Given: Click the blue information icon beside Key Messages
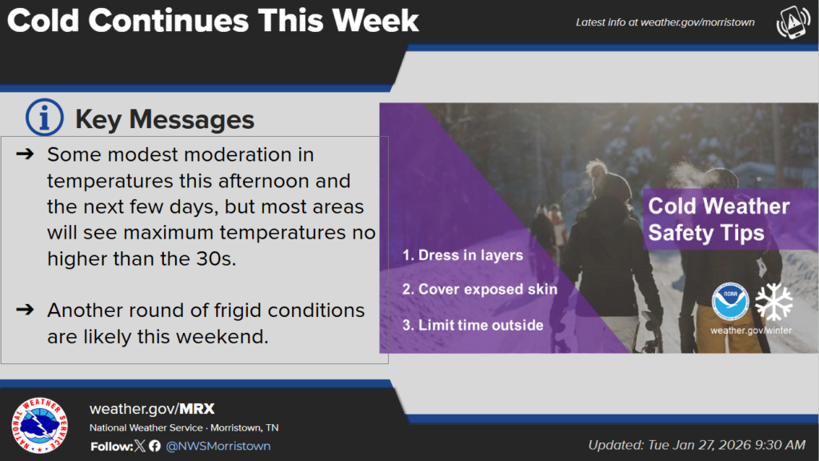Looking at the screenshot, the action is (x=45, y=117).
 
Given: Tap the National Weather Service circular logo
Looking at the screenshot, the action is (x=40, y=425).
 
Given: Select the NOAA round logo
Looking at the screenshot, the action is (x=730, y=302).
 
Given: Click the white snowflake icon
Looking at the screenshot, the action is (x=773, y=302).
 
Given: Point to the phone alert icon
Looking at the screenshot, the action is (x=793, y=22).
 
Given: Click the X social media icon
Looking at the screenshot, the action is (x=139, y=446).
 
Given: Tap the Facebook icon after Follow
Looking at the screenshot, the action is (x=154, y=446).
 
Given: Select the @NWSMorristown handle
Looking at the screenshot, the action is (x=218, y=446).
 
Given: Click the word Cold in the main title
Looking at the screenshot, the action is (x=43, y=21).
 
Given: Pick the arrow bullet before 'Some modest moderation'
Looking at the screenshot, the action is (x=25, y=154).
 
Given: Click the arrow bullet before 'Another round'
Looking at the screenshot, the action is (x=25, y=310).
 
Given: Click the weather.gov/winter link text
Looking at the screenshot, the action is (x=751, y=331).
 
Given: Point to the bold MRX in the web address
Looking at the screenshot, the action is (x=197, y=409).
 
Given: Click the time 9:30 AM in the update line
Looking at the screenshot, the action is (x=780, y=445).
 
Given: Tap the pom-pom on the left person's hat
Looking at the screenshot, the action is (x=595, y=168).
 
